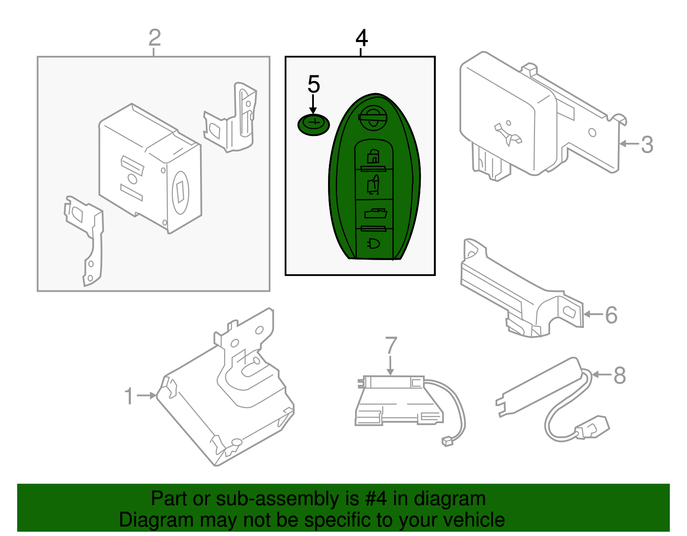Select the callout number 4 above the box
pyautogui.click(x=362, y=38)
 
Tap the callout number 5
pyautogui.click(x=313, y=84)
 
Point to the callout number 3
pyautogui.click(x=647, y=145)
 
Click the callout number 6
pyautogui.click(x=611, y=315)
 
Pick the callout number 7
pyautogui.click(x=391, y=345)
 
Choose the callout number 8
pyautogui.click(x=620, y=376)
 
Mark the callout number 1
pyautogui.click(x=128, y=396)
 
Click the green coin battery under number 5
pyautogui.click(x=314, y=124)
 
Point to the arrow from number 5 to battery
pyautogui.click(x=313, y=104)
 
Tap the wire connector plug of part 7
pyautogui.click(x=447, y=441)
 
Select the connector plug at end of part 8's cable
pyautogui.click(x=593, y=428)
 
